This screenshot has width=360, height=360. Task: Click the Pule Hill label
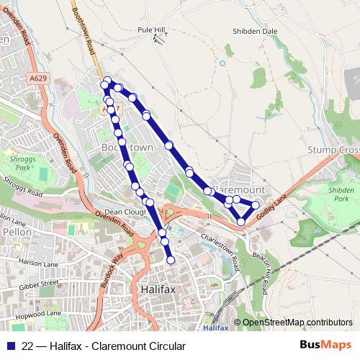pyautogui.click(x=151, y=30)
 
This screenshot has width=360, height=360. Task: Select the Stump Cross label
pyautogui.click(x=333, y=150)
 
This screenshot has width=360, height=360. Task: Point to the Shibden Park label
pyautogui.click(x=341, y=194)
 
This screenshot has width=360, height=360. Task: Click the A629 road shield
pyautogui.click(x=40, y=76)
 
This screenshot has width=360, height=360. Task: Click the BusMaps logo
pyautogui.click(x=325, y=346)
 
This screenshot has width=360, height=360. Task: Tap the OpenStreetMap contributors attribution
pyautogui.click(x=297, y=322)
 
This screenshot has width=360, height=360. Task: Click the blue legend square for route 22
pyautogui.click(x=10, y=346)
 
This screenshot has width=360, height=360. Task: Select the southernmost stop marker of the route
pyautogui.click(x=171, y=260)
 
